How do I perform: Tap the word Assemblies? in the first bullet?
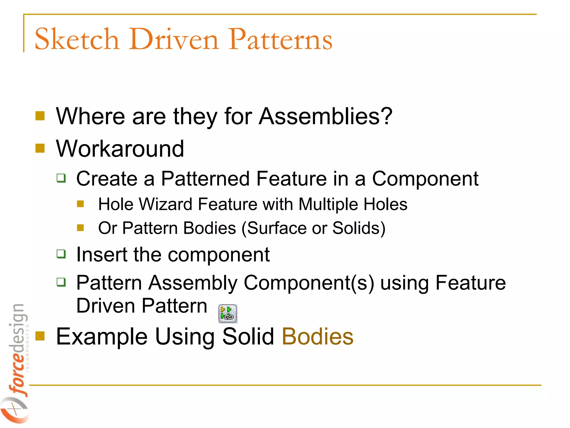pyautogui.click(x=325, y=116)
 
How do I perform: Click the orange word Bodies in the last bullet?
pyautogui.click(x=318, y=337)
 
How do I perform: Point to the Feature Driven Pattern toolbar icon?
pyautogui.click(x=228, y=314)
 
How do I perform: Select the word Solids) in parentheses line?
pyautogui.click(x=359, y=228)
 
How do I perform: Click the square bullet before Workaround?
pyautogui.click(x=40, y=148)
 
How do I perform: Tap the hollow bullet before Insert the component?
pyautogui.click(x=61, y=254)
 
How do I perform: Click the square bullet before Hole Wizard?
pyautogui.click(x=80, y=204)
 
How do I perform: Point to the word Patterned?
pyautogui.click(x=205, y=179)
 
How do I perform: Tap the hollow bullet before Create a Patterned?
pyautogui.click(x=61, y=178)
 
